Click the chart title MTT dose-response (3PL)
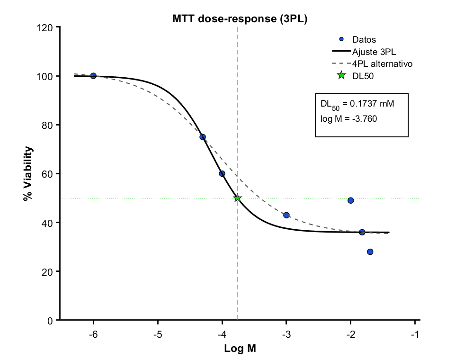pyautogui.click(x=240, y=19)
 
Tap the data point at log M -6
pyautogui.click(x=93, y=76)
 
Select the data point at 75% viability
pyautogui.click(x=203, y=137)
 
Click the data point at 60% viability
pyautogui.click(x=222, y=173)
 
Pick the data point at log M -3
pyautogui.click(x=286, y=215)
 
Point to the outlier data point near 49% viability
pyautogui.click(x=351, y=200)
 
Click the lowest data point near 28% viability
pyautogui.click(x=370, y=252)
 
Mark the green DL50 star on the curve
pyautogui.click(x=237, y=198)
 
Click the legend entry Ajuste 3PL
pyautogui.click(x=374, y=51)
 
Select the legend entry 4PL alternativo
pyautogui.click(x=383, y=63)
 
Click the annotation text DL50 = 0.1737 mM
pyautogui.click(x=357, y=103)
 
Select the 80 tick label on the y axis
pyautogui.click(x=47, y=125)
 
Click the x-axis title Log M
pyautogui.click(x=240, y=350)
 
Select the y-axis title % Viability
pyautogui.click(x=28, y=173)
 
